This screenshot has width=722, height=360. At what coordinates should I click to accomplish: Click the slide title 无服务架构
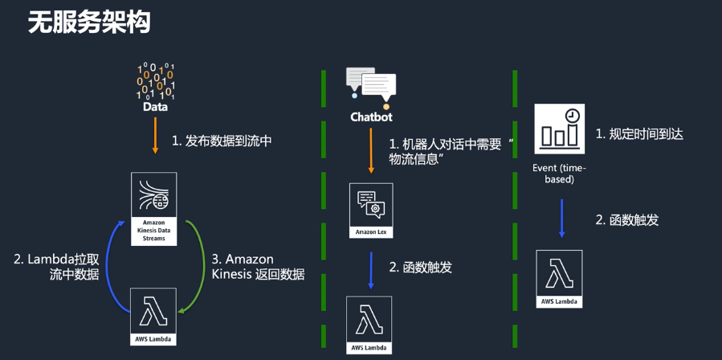pyautogui.click(x=89, y=22)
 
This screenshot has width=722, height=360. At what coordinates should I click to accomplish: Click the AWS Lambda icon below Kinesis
pyautogui.click(x=153, y=316)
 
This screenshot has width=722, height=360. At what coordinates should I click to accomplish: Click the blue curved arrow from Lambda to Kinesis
pyautogui.click(x=116, y=259)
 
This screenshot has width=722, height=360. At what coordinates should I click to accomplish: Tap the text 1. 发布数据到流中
pyautogui.click(x=222, y=141)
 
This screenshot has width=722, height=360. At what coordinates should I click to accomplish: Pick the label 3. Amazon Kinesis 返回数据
pyautogui.click(x=258, y=267)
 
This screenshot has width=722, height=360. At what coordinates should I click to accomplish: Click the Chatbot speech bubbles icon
pyautogui.click(x=371, y=88)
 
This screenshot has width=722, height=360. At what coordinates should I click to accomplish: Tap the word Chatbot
pyautogui.click(x=371, y=117)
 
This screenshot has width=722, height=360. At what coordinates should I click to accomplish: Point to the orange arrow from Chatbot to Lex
pyautogui.click(x=371, y=151)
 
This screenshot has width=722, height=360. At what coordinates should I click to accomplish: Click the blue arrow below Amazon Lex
pyautogui.click(x=371, y=269)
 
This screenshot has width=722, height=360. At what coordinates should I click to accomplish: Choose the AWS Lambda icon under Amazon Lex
pyautogui.click(x=369, y=324)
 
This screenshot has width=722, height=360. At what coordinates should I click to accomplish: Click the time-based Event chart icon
pyautogui.click(x=559, y=129)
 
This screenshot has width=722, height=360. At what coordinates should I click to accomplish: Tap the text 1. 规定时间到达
pyautogui.click(x=639, y=134)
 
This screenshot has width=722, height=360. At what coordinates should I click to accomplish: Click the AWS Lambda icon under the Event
pyautogui.click(x=560, y=278)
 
